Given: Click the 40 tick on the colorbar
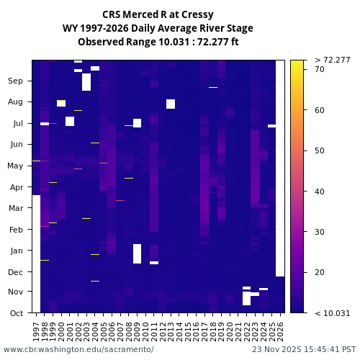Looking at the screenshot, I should [x=320, y=191].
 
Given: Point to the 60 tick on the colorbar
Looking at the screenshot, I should [x=320, y=110].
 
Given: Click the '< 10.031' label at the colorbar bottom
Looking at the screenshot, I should [x=333, y=312].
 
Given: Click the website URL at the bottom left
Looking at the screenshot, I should [x=78, y=349].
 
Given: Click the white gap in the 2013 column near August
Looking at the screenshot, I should [x=171, y=104].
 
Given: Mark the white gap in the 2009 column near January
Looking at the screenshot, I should [x=137, y=253].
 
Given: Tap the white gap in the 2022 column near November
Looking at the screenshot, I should [x=246, y=297].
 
